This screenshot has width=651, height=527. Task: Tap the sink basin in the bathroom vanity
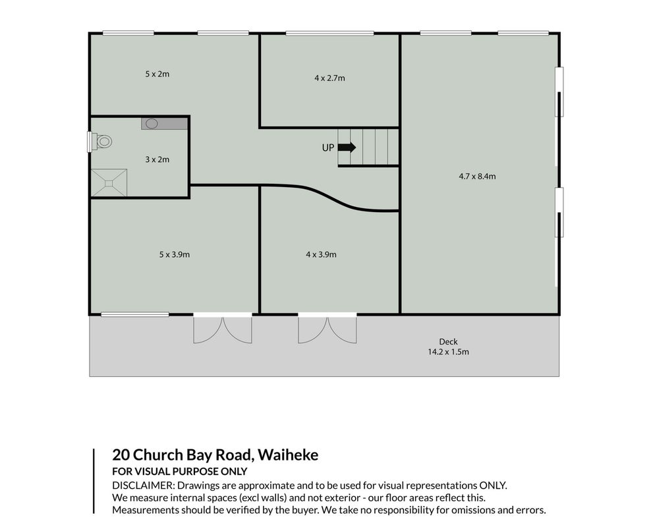click(152, 123)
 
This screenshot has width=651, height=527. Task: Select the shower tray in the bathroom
click(109, 182)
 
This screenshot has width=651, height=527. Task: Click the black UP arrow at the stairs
click(347, 148)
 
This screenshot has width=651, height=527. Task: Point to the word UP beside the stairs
click(328, 148)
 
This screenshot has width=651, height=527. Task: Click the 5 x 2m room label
click(157, 74)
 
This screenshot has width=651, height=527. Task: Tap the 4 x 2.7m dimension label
click(329, 78)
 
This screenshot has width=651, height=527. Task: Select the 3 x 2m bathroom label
click(157, 159)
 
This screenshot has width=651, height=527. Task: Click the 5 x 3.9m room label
click(175, 254)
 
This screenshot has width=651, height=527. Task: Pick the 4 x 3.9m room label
click(322, 254)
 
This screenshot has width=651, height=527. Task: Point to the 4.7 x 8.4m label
click(477, 176)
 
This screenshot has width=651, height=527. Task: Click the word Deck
click(449, 341)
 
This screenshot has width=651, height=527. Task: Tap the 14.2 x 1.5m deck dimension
click(449, 352)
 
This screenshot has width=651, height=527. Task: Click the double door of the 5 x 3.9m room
click(223, 329)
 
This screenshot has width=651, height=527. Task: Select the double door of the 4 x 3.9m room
click(327, 329)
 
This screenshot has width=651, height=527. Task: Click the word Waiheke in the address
click(288, 455)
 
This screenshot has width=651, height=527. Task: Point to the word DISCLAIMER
click(142, 485)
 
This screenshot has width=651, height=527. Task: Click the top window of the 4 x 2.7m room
click(329, 33)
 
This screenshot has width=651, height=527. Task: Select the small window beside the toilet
click(89, 142)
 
